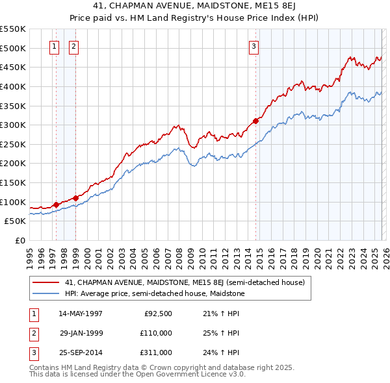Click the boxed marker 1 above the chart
(x=53, y=46)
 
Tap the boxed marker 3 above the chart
(x=253, y=46)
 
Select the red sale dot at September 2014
(x=255, y=121)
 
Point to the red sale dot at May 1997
(x=56, y=204)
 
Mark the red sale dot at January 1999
(x=75, y=198)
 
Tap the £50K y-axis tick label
(x=15, y=221)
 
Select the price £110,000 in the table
(x=156, y=333)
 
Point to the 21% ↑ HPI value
(x=221, y=314)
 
